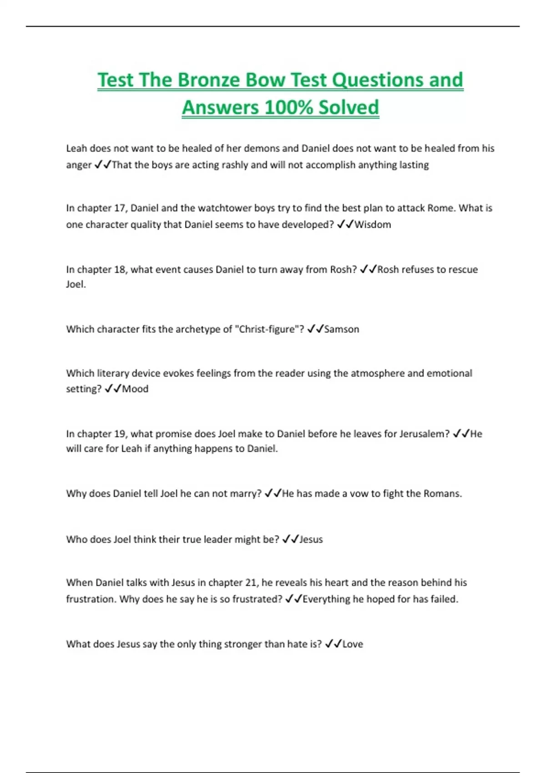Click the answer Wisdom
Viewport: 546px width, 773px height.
[373, 225]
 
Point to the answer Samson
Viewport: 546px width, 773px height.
[342, 329]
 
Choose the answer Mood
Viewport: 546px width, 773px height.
[135, 389]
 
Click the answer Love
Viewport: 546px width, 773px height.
[353, 644]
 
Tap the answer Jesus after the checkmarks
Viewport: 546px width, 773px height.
[311, 539]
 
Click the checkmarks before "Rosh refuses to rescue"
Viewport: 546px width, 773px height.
[368, 269]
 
